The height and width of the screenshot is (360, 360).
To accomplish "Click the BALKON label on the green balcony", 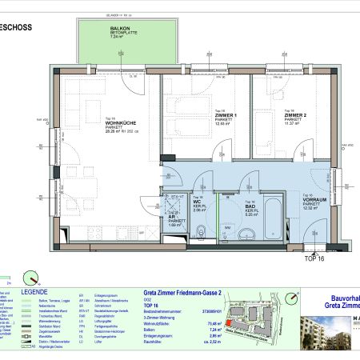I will pos(121,30).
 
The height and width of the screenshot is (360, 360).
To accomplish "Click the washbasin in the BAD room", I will pos(249,234).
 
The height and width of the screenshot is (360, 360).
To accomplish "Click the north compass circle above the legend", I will pos(33,277).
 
